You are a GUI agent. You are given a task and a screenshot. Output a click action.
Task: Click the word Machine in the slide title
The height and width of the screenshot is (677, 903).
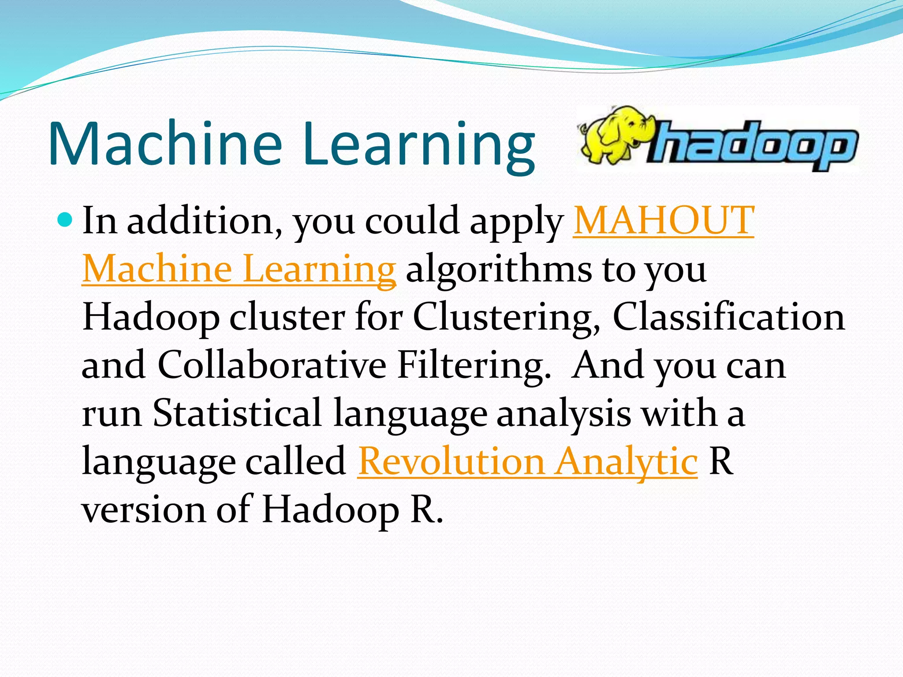coord(165,143)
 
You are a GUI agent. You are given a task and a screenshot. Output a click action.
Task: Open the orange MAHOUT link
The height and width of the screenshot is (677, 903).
coord(664,220)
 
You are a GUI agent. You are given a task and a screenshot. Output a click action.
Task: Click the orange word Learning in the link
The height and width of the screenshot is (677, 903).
coord(319,269)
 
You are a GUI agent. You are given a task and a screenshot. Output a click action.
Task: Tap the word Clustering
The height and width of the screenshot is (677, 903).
coord(507,318)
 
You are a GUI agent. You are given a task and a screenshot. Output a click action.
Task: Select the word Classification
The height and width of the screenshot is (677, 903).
coord(729,317)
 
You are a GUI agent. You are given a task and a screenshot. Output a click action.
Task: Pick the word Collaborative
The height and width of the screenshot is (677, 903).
coord(272,365)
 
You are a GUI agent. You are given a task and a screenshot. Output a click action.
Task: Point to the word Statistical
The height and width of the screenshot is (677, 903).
coord(237,413)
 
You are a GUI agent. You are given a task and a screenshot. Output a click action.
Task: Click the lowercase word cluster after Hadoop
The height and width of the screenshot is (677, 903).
coord(287,318)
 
